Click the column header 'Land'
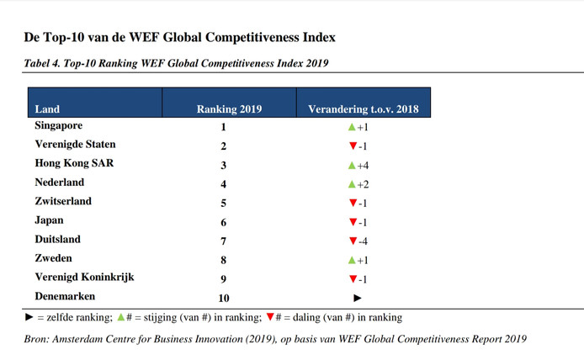point(47,109)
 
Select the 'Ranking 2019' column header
point(229,109)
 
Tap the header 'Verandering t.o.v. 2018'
point(364,109)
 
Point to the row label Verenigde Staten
point(75,145)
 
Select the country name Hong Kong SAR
point(74,164)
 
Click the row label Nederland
point(60,183)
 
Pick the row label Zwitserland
point(63,202)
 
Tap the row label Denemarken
point(65,297)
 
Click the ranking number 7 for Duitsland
point(224,241)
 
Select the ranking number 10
point(224,298)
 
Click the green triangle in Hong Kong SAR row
point(353,165)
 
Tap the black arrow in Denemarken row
point(358,298)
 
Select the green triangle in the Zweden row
point(353,260)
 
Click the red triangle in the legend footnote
point(270,318)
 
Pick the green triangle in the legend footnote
point(122,318)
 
